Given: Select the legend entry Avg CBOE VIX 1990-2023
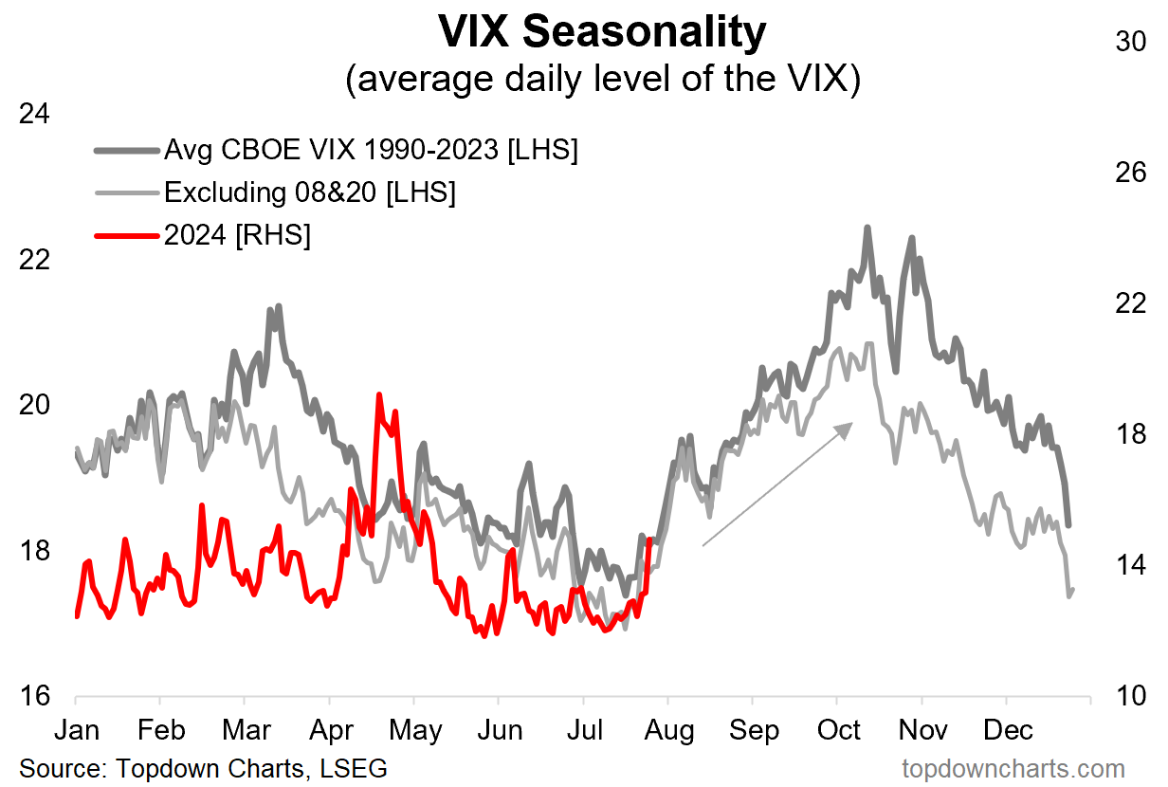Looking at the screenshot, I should (371, 150).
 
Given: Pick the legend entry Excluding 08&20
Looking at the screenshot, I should (310, 192).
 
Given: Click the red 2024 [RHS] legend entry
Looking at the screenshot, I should (237, 235).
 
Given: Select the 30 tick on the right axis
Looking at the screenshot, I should (1130, 42).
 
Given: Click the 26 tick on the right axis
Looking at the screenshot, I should (1130, 173).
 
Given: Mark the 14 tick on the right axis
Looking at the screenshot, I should (1130, 566).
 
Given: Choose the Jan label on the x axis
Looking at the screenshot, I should (76, 731).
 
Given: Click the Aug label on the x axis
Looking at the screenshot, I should (669, 731).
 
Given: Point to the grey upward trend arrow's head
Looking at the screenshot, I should (848, 427).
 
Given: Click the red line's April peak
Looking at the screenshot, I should (379, 394).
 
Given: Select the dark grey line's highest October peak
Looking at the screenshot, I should (867, 228).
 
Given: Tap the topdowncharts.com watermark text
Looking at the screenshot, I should (1013, 767).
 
